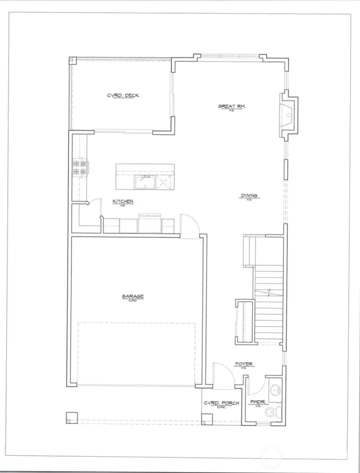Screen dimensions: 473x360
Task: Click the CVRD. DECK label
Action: coord(123,95)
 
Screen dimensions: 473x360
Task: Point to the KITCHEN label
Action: coord(122,201)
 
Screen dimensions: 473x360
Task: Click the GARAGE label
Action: coord(132,296)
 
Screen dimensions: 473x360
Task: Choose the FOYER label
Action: coord(244,364)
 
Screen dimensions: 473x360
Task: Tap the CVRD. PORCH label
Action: coord(221,403)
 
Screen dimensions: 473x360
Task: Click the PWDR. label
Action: coord(258,401)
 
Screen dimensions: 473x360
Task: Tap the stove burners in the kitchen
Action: coord(80,167)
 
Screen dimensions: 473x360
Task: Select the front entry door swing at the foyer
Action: coord(220,374)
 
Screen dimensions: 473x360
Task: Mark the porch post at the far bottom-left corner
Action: coord(71,417)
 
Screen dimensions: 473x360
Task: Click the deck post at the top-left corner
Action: coord(71,60)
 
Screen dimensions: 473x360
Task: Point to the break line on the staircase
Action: coord(270,291)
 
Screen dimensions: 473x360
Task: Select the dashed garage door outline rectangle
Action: coord(136,353)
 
